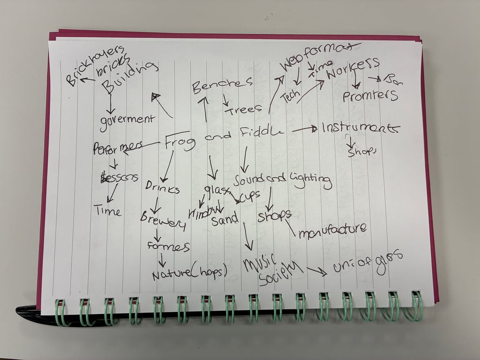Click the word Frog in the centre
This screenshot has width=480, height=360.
tap(180, 141)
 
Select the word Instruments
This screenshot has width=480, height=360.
tap(360, 127)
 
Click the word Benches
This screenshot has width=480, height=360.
tap(222, 85)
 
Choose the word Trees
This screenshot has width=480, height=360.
tap(243, 110)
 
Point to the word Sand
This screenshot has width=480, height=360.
tap(225, 218)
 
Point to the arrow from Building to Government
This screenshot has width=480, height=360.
tap(110, 102)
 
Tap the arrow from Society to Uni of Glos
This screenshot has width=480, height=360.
tap(316, 270)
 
